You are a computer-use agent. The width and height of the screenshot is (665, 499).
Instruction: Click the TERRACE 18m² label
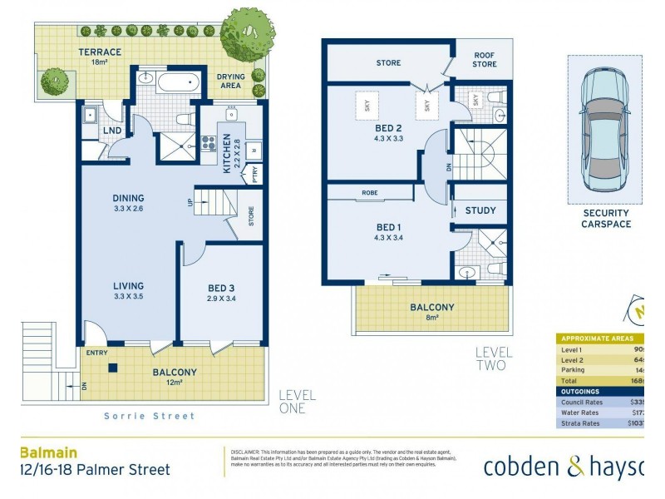pyautogui.click(x=100, y=57)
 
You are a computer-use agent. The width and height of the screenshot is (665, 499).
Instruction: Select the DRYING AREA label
pyautogui.click(x=231, y=82)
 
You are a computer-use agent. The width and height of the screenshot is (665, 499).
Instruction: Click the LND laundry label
pyautogui.click(x=112, y=131)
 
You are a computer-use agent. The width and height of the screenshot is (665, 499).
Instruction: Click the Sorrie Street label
pyautogui.click(x=150, y=416)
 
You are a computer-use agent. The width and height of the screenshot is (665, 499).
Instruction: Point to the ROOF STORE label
pyautogui.click(x=485, y=60)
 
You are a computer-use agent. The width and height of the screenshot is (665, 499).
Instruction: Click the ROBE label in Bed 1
pyautogui.click(x=370, y=193)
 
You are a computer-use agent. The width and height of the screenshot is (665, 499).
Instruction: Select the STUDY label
pyautogui.click(x=480, y=211)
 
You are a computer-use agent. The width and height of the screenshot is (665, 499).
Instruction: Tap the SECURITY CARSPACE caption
pyautogui.click(x=605, y=218)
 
